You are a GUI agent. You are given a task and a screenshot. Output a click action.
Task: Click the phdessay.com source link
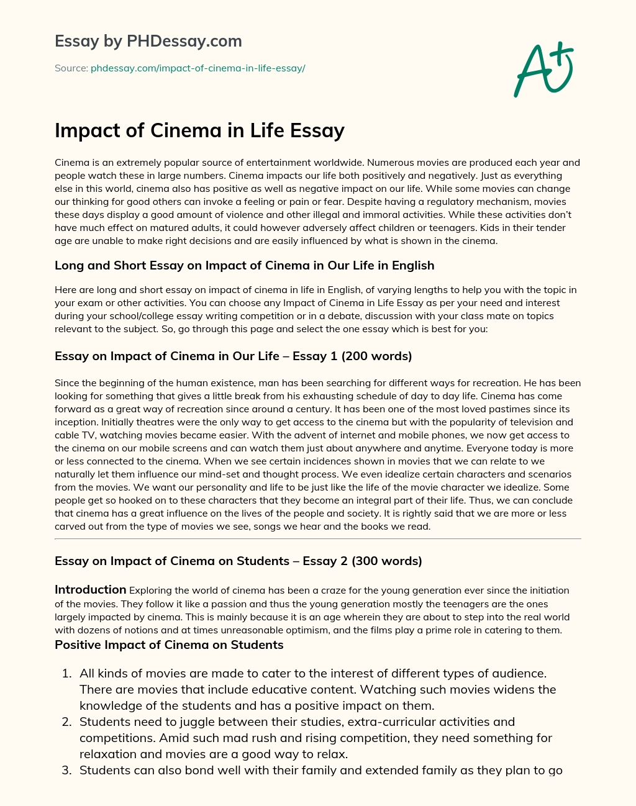[x=198, y=68]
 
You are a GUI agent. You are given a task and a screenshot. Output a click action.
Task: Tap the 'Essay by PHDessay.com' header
[x=148, y=41]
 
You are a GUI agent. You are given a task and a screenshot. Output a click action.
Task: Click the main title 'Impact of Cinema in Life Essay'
[x=199, y=130]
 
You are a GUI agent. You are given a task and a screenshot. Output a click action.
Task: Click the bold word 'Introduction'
[x=90, y=589]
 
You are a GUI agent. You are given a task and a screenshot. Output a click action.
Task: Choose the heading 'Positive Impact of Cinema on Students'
[x=169, y=645]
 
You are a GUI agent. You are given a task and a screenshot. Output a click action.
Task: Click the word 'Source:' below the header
[x=71, y=68]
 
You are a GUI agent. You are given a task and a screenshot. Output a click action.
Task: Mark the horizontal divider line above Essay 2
[x=318, y=538]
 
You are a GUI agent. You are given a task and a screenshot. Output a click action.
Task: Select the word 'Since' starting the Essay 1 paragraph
[x=67, y=383]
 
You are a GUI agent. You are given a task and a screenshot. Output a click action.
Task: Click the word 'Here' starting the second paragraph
[x=65, y=290]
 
